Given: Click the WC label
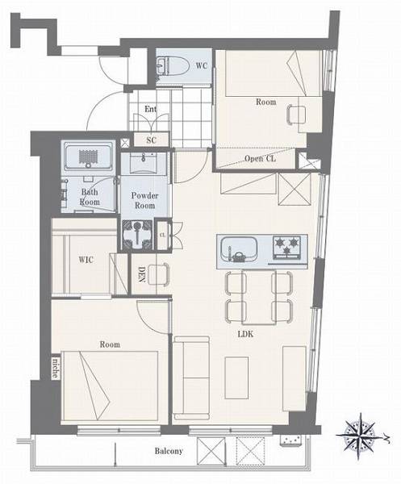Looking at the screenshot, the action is click(201, 66).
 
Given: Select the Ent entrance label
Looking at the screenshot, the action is click(151, 109).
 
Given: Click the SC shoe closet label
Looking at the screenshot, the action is click(151, 140).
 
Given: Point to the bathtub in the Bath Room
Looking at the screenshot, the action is click(88, 157).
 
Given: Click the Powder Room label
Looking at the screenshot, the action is click(144, 200).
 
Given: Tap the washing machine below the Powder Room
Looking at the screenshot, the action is click(137, 234).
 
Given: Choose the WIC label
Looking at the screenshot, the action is click(86, 260).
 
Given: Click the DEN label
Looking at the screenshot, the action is click(141, 274).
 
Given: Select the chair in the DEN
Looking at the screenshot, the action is click(159, 274).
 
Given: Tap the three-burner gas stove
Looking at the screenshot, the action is click(286, 247).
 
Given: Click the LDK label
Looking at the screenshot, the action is click(246, 334).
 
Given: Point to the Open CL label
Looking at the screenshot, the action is click(261, 159).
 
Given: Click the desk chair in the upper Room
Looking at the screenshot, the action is click(296, 115).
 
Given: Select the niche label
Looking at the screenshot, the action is click(55, 369).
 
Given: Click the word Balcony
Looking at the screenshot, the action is click(169, 451).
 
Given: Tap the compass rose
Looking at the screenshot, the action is click(360, 436).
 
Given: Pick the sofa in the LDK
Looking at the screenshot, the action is click(191, 378).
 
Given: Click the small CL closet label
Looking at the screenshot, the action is click(163, 236).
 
